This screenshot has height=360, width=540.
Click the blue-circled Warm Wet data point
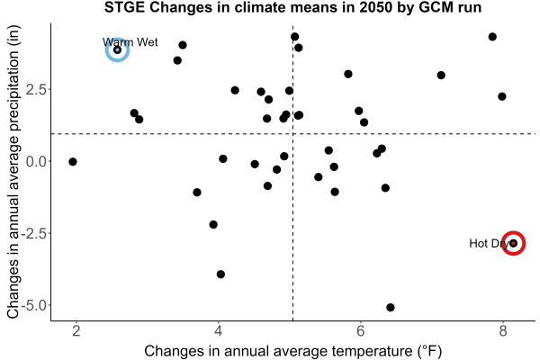pos(117,50)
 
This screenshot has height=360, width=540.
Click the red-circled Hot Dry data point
pos(513,243)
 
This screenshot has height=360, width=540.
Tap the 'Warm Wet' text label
pos(130,42)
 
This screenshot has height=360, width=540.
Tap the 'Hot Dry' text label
pos(489,244)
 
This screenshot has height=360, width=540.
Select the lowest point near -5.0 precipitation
pos(391,307)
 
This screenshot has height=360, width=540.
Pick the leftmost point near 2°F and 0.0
pos(73,162)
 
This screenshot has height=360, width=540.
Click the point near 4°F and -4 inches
pos(220,274)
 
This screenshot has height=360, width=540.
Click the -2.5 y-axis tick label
pos(34,233)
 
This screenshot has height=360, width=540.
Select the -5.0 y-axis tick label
pos(34,305)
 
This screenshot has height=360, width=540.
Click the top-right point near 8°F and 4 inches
pos(492,37)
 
